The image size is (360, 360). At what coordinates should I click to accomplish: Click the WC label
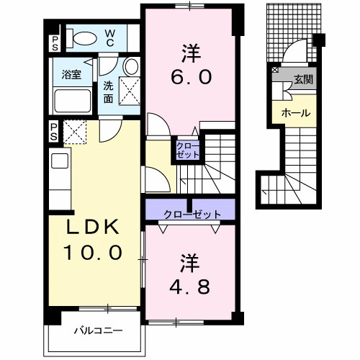pyautogui.click(x=109, y=38)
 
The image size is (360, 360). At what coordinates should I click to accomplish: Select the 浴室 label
pyautogui.click(x=71, y=74)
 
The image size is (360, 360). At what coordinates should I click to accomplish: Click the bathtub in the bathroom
pyautogui.click(x=73, y=101)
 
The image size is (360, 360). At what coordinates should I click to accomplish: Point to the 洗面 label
pyautogui.click(x=108, y=92)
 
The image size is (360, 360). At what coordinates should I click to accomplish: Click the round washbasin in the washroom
pyautogui.click(x=132, y=66)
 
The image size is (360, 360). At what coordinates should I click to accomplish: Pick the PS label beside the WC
pyautogui.click(x=55, y=43)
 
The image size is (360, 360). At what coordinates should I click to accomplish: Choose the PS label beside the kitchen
pyautogui.click(x=54, y=132)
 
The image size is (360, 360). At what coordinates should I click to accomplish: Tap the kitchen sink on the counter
pyautogui.click(x=60, y=161)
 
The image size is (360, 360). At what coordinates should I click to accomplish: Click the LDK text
pyautogui.click(x=93, y=227)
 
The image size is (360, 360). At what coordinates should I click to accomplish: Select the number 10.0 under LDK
pyautogui.click(x=93, y=253)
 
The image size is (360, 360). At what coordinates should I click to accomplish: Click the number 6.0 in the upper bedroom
pyautogui.click(x=191, y=77)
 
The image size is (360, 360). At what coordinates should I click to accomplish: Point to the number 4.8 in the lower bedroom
pyautogui.click(x=189, y=287)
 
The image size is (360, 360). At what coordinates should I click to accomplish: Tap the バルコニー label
pyautogui.click(x=99, y=331)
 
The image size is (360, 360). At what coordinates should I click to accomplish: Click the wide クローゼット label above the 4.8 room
pyautogui.click(x=192, y=214)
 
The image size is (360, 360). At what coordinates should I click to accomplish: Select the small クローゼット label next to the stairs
pyautogui.click(x=188, y=150)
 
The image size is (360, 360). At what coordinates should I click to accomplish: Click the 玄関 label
pyautogui.click(x=304, y=79)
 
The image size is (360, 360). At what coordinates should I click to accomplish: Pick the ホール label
pyautogui.click(x=296, y=112)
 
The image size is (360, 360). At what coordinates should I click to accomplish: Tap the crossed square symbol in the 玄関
pyautogui.click(x=275, y=70)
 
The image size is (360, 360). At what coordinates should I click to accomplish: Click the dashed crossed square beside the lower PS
pyautogui.click(x=75, y=132)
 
